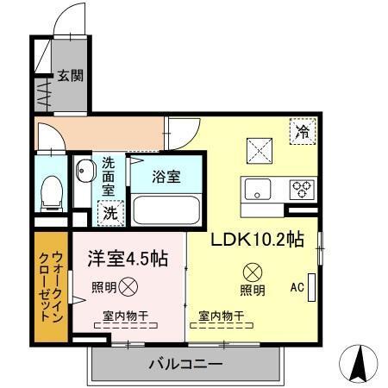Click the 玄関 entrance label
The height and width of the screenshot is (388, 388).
[71, 75]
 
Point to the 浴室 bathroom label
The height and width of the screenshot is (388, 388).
[166, 177]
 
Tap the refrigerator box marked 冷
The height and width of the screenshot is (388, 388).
[302, 132]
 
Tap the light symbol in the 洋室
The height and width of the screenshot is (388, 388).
[127, 286]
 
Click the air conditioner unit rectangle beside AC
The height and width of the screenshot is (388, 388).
[312, 286]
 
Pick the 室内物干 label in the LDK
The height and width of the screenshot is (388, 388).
[221, 316]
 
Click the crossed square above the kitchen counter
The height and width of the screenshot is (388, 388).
[260, 149]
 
